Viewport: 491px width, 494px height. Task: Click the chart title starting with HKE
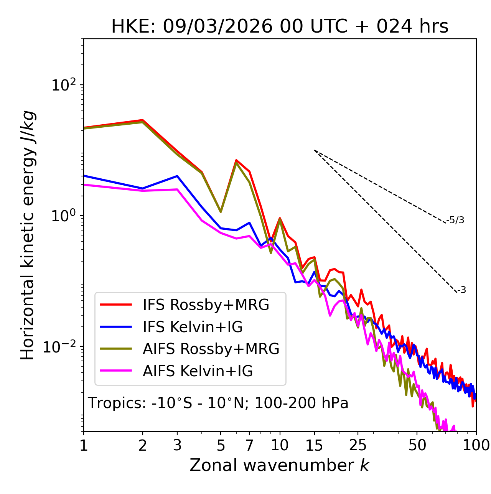coord(280,26)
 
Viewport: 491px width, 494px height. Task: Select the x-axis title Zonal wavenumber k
coord(280,465)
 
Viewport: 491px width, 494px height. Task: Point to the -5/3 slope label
coord(455,220)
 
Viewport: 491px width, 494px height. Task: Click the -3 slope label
coord(462,290)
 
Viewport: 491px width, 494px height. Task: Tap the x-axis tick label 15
coord(314,445)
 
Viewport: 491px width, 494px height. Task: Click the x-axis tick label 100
coord(476,445)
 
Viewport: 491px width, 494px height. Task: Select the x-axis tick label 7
coord(249,445)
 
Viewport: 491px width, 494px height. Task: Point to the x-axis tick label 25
coord(358,445)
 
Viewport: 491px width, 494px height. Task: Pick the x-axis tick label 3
coord(177,445)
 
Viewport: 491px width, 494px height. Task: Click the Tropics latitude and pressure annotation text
coord(218,403)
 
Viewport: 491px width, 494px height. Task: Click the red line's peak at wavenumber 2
coord(143,120)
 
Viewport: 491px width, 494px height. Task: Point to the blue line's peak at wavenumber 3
coord(177,176)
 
